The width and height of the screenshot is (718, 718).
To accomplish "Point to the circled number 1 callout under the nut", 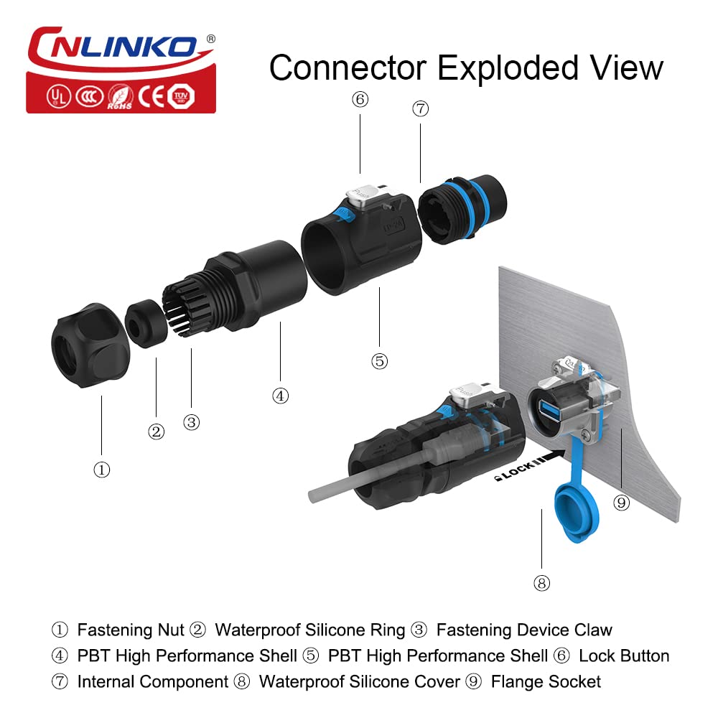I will (x=102, y=470).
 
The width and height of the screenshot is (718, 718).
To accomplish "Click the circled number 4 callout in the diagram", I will (x=280, y=395).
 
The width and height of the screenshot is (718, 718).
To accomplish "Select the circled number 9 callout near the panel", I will (x=622, y=503).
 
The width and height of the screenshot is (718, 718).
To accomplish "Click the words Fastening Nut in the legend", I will (x=130, y=630).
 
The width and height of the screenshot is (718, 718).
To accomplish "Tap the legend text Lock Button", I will (x=623, y=656).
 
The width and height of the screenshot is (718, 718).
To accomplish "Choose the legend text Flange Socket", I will (x=546, y=681).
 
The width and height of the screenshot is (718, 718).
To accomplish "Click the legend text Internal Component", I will (x=151, y=681).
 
